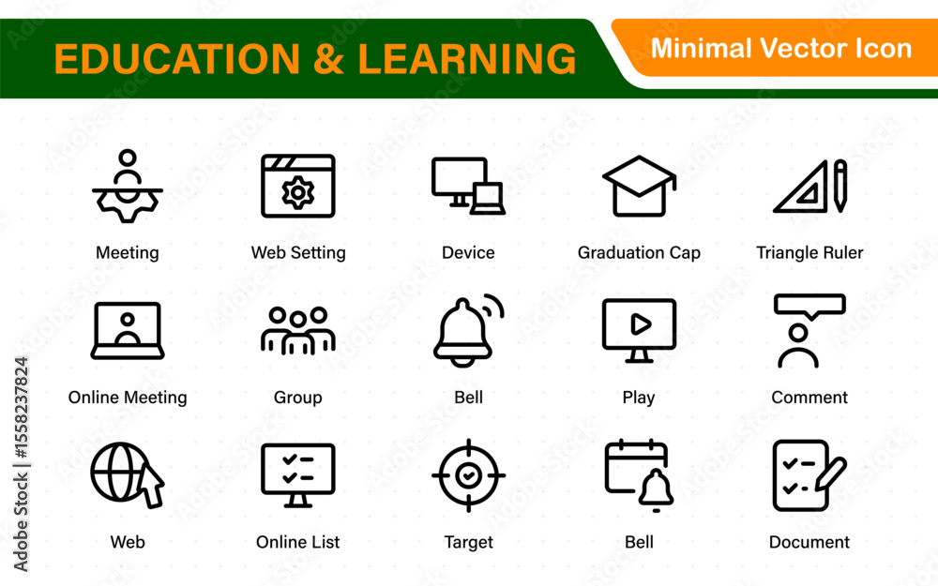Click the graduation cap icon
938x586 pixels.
[x=639, y=186]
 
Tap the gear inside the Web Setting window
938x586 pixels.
[x=298, y=192]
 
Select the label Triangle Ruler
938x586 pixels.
[x=809, y=252]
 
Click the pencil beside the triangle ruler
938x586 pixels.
[x=840, y=186]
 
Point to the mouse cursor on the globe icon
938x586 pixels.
[x=151, y=486]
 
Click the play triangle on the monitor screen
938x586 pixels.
[x=641, y=324]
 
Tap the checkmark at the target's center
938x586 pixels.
[x=468, y=475]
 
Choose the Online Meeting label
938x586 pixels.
[x=128, y=397]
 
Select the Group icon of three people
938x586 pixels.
[x=298, y=331]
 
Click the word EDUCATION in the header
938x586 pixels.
[x=177, y=58]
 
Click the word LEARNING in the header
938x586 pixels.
[x=466, y=58]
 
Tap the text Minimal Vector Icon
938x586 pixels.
[x=781, y=49]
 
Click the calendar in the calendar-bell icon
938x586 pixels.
[x=635, y=466]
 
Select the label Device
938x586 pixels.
[x=468, y=252]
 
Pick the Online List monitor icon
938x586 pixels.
[x=298, y=475]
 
